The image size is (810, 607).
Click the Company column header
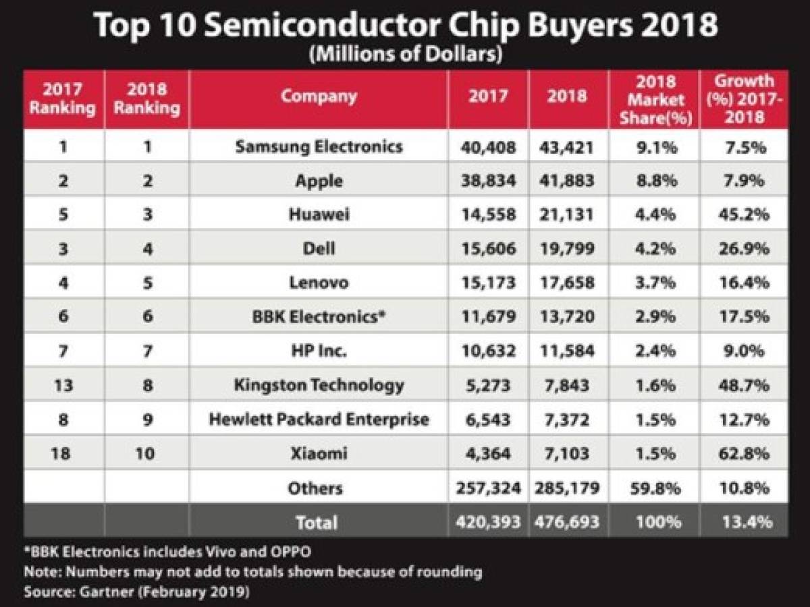tap(319, 96)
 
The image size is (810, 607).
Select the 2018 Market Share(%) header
tap(653, 100)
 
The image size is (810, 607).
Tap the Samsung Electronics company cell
tap(319, 146)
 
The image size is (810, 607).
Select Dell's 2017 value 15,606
tap(488, 248)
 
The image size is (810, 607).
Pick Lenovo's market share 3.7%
tap(653, 282)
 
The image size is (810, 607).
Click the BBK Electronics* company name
tap(319, 316)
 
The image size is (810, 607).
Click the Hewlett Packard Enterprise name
tap(319, 419)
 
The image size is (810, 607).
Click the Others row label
tap(315, 488)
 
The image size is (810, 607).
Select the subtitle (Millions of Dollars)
tap(404, 55)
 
